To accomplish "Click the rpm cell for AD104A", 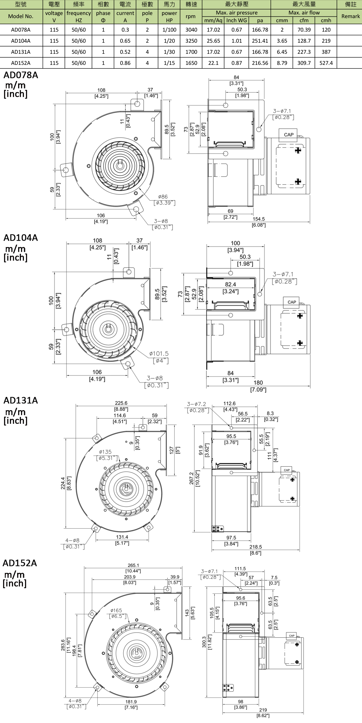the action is [x=191, y=41].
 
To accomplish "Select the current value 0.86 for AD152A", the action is [x=125, y=63].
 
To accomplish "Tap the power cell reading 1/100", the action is [x=169, y=30].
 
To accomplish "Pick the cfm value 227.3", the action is [x=304, y=52].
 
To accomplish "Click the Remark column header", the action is [x=350, y=16].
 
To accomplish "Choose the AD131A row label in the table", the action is [x=21, y=52].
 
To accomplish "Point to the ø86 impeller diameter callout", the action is [x=163, y=197].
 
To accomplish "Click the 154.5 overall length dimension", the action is [x=258, y=219].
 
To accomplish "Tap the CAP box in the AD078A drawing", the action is [x=289, y=135].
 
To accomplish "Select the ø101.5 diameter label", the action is [x=159, y=354].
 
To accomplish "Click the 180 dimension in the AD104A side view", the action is [x=258, y=382].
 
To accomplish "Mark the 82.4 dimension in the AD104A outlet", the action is [x=230, y=285].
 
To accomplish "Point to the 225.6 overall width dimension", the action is [x=121, y=403].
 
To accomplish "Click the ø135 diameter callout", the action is [x=105, y=452].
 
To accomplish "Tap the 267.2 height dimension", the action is [x=191, y=478].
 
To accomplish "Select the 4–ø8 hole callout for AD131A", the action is [x=72, y=540].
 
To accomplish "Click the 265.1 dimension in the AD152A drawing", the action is [x=133, y=565].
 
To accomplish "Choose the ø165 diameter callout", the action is [x=116, y=610].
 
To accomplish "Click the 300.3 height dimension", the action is [x=204, y=642].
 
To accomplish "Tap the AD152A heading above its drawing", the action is [x=20, y=563].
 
